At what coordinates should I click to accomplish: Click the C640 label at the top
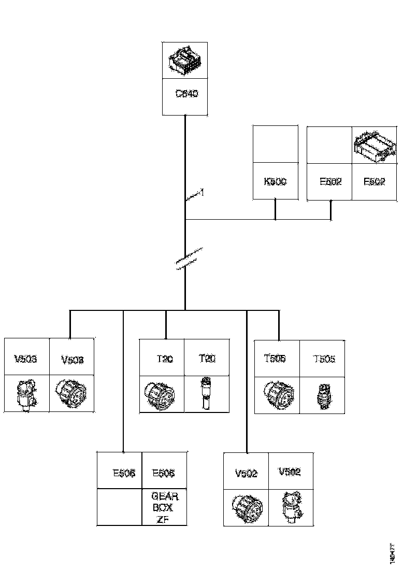tap(186, 94)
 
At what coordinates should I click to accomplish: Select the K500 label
tap(275, 182)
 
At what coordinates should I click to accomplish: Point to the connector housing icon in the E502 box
tap(374, 146)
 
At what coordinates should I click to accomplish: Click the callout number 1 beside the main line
tap(202, 192)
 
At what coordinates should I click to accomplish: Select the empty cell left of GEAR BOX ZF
tap(120, 507)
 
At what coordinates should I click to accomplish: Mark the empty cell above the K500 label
tap(275, 144)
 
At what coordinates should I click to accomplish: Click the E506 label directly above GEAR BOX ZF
tap(164, 473)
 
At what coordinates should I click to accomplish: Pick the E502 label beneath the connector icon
tap(374, 182)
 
